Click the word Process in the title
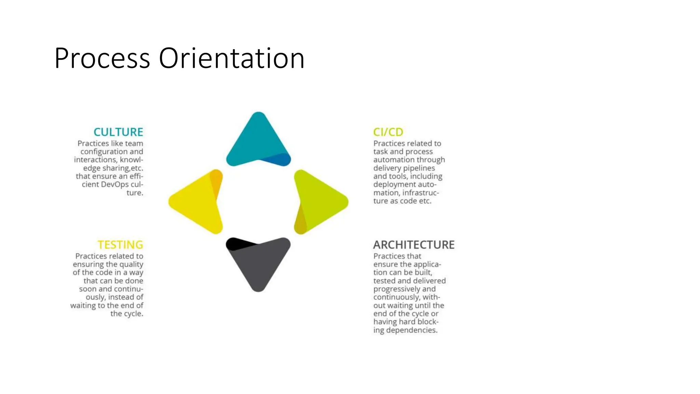click(x=102, y=58)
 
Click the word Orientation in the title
click(x=231, y=58)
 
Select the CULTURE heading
click(x=118, y=132)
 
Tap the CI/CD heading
click(x=388, y=132)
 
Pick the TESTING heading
click(x=120, y=245)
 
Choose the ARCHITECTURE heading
click(x=414, y=245)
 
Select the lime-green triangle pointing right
click(x=321, y=202)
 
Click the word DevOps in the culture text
click(x=115, y=184)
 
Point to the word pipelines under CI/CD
click(x=419, y=168)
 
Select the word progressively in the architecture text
click(x=397, y=289)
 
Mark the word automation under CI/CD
click(x=390, y=160)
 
